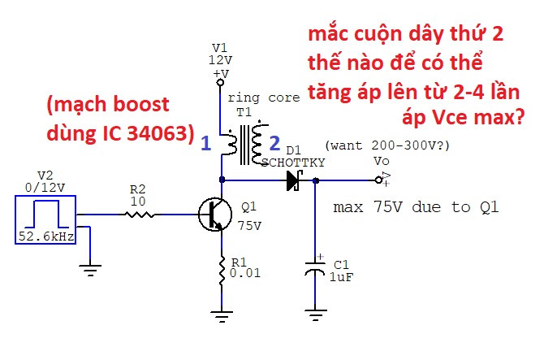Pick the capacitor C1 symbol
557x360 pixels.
click(x=315, y=269)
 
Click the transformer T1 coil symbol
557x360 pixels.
click(x=245, y=143)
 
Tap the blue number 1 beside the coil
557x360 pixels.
click(x=206, y=144)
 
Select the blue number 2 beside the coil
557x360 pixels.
click(x=274, y=144)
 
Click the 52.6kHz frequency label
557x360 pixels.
click(x=45, y=236)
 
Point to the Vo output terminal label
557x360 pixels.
click(x=382, y=161)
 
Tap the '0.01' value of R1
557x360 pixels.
click(x=244, y=274)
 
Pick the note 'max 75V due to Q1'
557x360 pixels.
click(x=416, y=207)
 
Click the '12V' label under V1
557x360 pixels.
click(x=220, y=61)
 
